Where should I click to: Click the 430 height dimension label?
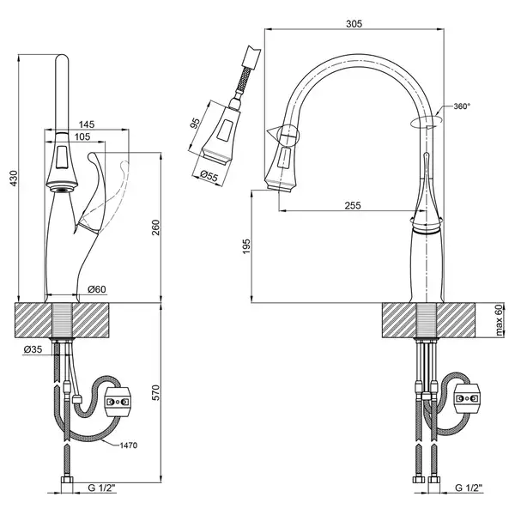point(14,179)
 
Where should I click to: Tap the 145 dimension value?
point(87,124)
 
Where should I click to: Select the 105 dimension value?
point(82,136)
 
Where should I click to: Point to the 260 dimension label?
point(155,227)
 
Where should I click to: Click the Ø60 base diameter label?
point(97,289)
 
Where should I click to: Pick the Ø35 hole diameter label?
point(33,349)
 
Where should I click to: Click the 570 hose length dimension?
point(155,392)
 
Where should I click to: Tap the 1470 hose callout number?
point(129,445)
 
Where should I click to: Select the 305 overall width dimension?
point(354,24)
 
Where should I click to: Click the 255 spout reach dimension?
point(353,206)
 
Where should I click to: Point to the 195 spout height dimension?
point(246,246)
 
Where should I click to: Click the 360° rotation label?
point(462,106)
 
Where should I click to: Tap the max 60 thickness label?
point(499,320)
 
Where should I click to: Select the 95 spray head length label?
point(196,123)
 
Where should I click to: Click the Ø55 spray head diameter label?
point(209,176)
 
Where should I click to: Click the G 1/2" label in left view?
point(102,488)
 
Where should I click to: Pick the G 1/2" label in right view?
point(470,488)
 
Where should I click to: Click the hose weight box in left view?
point(118,402)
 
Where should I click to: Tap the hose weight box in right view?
point(467,398)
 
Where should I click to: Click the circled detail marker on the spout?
point(288,135)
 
